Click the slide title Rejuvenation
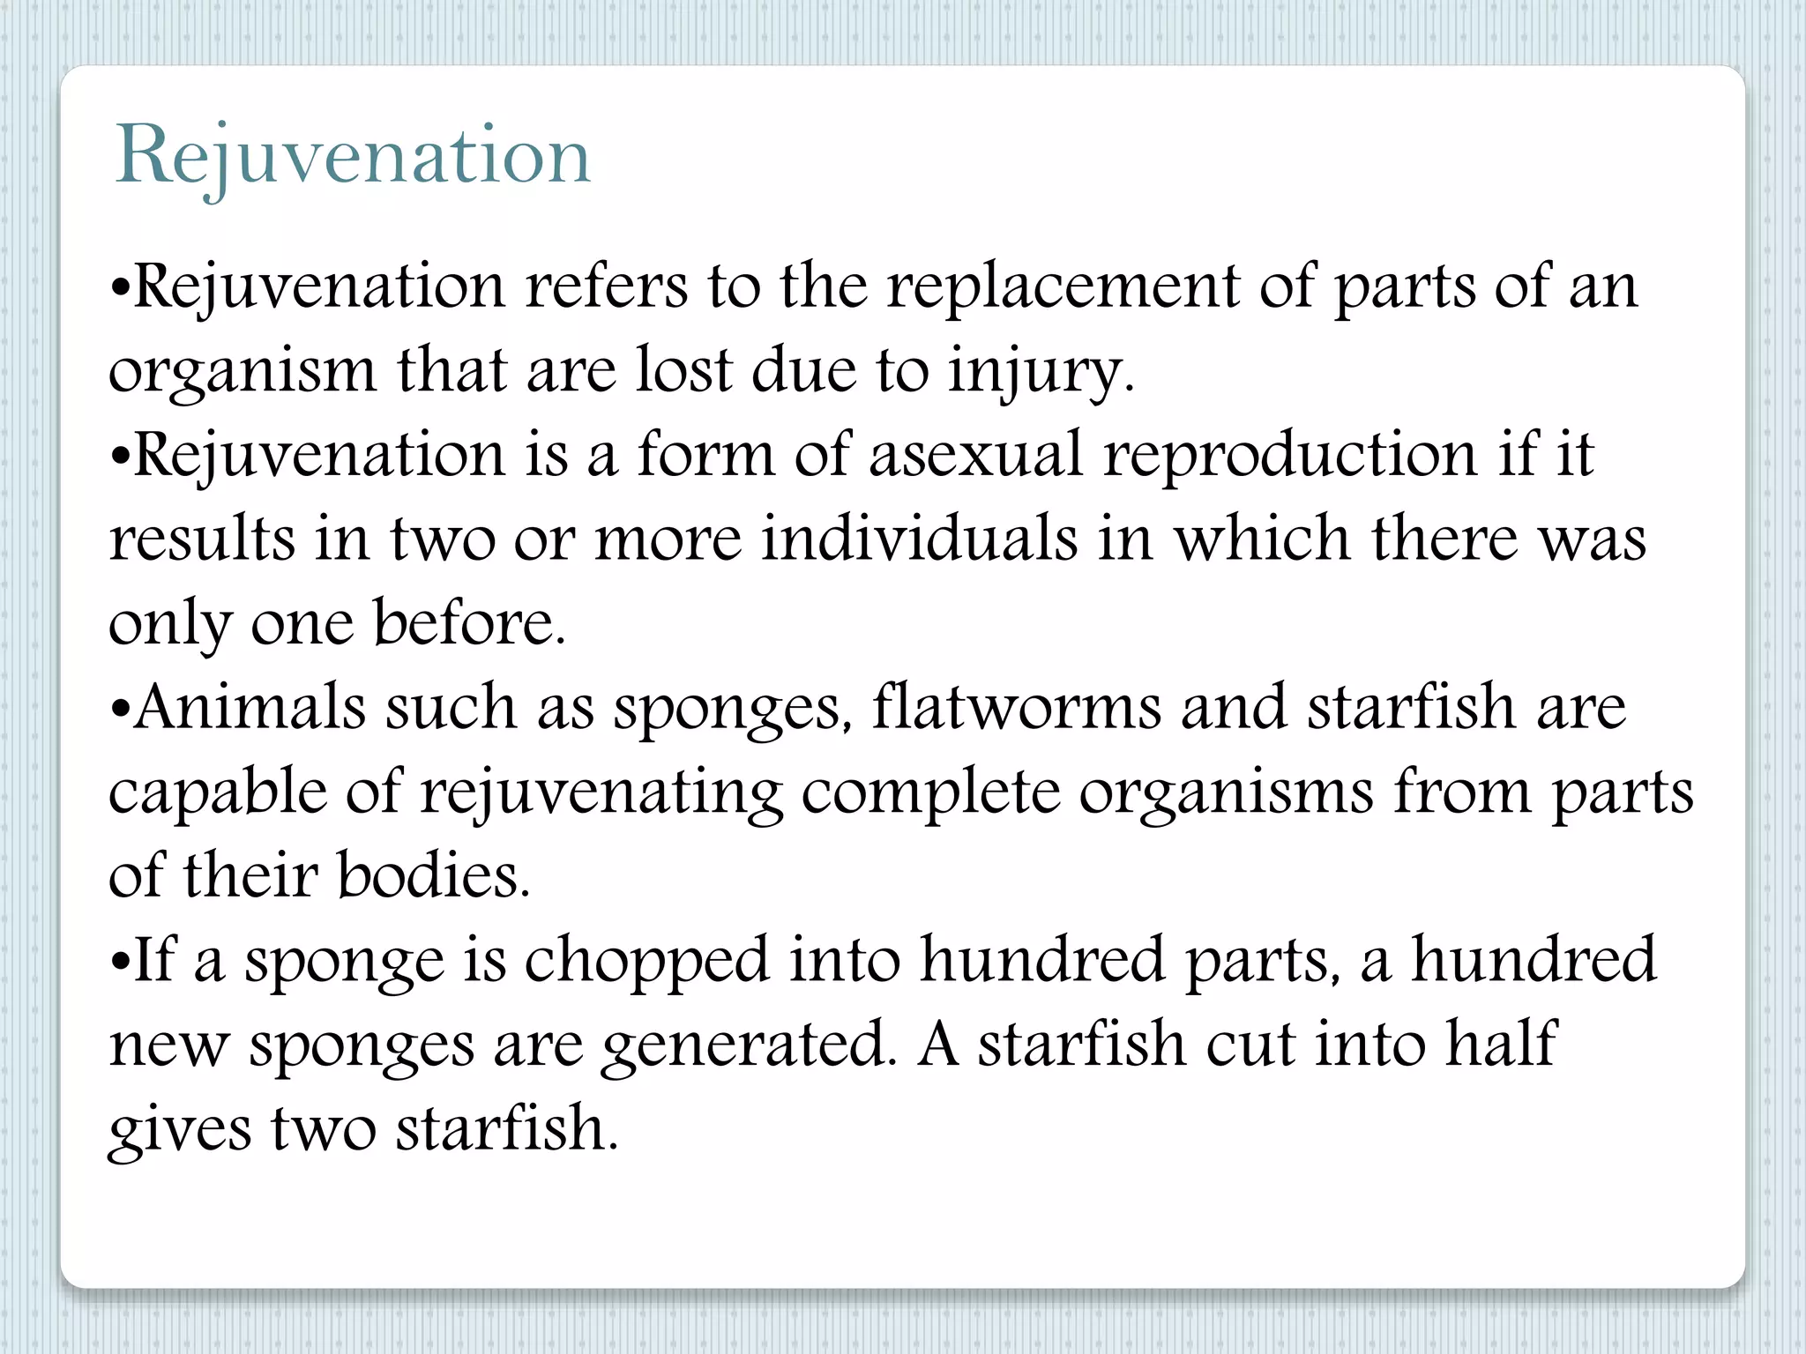(x=353, y=157)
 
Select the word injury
(x=1041, y=372)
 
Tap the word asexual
(x=975, y=455)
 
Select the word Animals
(x=250, y=707)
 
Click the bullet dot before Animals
(x=122, y=709)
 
